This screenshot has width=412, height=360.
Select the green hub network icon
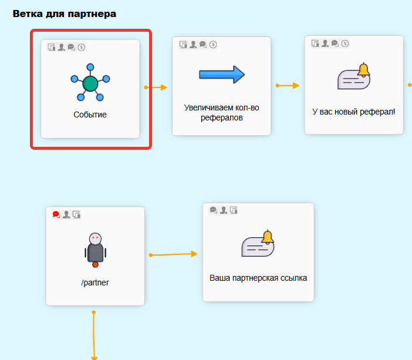[90, 83]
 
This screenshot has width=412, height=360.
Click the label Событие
[90, 115]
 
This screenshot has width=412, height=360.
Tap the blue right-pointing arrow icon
[222, 75]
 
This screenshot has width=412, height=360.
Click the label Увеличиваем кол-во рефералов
[221, 113]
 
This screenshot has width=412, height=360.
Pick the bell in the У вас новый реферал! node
[364, 70]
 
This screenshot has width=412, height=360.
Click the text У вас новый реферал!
[354, 111]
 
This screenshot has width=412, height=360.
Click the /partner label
[95, 282]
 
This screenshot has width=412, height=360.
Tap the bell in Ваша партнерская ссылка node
[268, 237]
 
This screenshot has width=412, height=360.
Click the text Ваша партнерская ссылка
[258, 278]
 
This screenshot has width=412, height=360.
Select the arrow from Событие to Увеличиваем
[156, 88]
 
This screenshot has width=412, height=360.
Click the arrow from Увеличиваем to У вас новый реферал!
[288, 86]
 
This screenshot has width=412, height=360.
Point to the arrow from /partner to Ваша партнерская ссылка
[174, 254]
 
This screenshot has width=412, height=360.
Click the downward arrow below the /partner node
[94, 335]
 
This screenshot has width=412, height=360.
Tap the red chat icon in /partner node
[56, 215]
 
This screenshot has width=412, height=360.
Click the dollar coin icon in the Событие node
[82, 47]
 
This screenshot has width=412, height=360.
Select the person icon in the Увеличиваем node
[193, 44]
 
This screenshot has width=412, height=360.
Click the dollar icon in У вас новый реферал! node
[345, 43]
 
